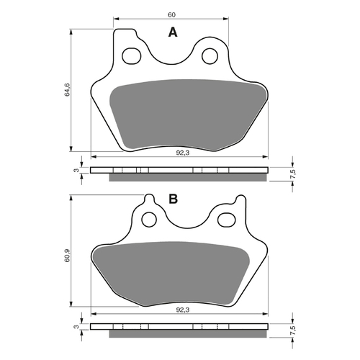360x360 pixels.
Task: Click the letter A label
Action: coord(172,32)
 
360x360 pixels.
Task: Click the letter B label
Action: coord(173,199)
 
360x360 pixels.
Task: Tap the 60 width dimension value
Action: coord(171,13)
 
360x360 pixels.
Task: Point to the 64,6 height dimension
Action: coord(67,90)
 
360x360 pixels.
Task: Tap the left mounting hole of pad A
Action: coord(131,55)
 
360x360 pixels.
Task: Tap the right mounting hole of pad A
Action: coord(211,55)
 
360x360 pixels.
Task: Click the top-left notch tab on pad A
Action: coord(125,34)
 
